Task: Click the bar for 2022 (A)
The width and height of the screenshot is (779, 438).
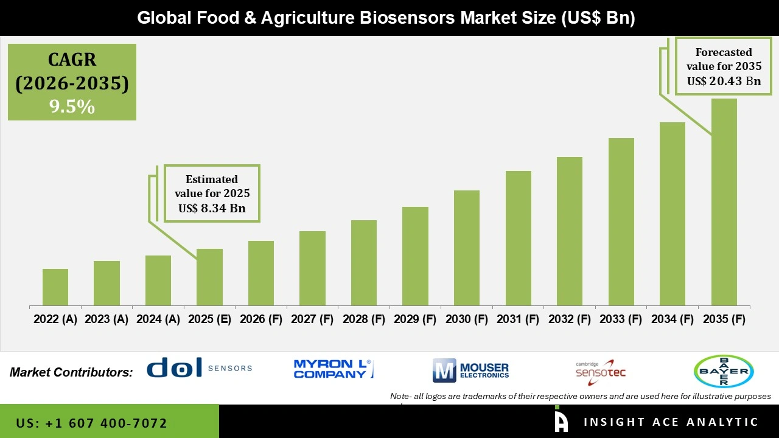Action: [55, 287]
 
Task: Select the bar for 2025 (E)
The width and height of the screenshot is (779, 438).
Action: [209, 277]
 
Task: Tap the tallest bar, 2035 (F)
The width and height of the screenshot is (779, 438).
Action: [724, 202]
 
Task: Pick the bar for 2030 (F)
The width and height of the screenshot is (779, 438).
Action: [466, 248]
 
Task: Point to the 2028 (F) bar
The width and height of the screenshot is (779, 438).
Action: [364, 263]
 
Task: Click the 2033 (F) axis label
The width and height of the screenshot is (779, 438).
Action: [621, 319]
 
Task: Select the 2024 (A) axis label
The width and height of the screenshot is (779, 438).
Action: [158, 319]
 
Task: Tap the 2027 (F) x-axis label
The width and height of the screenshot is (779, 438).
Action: [312, 319]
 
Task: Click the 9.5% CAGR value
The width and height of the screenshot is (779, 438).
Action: [72, 106]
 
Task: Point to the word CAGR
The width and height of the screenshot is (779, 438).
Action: [72, 60]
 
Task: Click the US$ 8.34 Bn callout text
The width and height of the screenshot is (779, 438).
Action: [212, 208]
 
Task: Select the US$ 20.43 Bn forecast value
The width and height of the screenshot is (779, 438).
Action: [724, 81]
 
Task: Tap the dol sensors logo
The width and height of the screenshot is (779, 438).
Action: [199, 367]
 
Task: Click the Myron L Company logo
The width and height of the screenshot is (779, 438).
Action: [334, 369]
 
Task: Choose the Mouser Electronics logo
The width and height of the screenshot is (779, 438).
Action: [470, 370]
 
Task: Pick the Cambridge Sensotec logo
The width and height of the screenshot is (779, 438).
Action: [601, 372]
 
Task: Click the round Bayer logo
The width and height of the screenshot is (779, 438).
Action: [724, 371]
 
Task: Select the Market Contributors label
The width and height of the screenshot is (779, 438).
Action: [71, 372]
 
